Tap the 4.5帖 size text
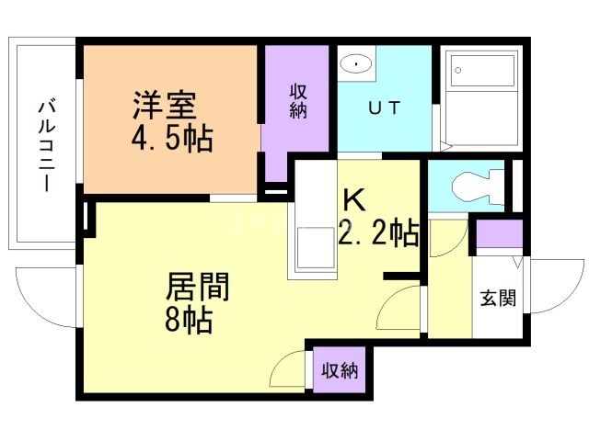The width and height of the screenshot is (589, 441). point(172,138)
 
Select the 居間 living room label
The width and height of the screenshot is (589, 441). point(198,287)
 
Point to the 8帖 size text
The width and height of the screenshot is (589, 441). point(189,320)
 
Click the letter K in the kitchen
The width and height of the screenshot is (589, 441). point(354,200)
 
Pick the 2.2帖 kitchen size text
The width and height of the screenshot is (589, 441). point(378,232)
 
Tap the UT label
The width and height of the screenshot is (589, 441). point(385,108)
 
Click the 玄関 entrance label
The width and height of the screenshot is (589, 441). point(498,298)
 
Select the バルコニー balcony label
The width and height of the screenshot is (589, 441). point(47,145)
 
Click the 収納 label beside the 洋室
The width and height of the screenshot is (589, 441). point(298,101)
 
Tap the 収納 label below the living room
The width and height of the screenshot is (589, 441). point(340,371)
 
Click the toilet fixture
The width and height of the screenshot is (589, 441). point(478,186)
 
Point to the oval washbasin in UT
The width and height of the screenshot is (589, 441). point(356,64)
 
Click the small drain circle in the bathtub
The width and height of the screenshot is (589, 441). point(458,70)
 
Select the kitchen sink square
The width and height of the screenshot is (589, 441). point(315,247)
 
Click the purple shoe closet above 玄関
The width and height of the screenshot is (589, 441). point(499,234)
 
